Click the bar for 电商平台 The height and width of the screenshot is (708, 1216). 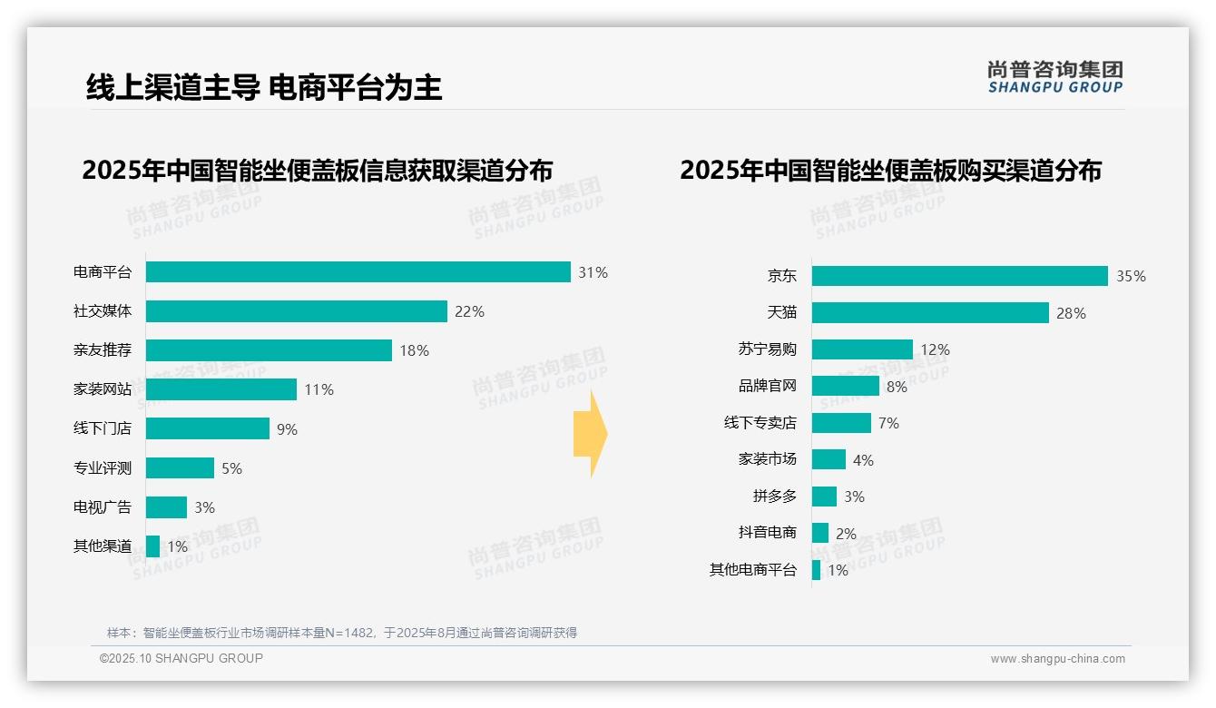[x=358, y=272]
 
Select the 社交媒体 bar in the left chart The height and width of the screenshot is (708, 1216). [x=296, y=311]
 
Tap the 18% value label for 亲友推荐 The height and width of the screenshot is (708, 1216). [x=414, y=350]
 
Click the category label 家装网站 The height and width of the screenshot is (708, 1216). [x=103, y=389]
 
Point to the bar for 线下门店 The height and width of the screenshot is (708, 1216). [x=207, y=428]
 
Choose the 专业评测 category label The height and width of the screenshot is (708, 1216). [x=103, y=468]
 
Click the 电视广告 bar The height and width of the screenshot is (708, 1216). [x=166, y=507]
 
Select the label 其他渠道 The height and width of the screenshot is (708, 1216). [x=103, y=546]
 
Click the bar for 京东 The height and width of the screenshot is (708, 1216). [x=959, y=276]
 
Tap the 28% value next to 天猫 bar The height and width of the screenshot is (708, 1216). [x=1071, y=313]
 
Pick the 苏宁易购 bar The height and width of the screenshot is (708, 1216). [x=862, y=349]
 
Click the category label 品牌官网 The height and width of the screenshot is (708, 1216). [x=767, y=386]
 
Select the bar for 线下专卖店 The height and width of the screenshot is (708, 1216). [x=841, y=423]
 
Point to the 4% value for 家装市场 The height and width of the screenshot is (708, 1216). [x=863, y=460]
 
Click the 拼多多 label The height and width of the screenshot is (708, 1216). [x=774, y=497]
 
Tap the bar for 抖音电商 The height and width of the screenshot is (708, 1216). [x=820, y=533]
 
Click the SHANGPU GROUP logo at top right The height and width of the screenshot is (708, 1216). [x=1054, y=77]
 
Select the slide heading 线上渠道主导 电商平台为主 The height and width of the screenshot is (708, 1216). [x=264, y=87]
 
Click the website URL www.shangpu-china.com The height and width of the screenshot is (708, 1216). [x=1057, y=659]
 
